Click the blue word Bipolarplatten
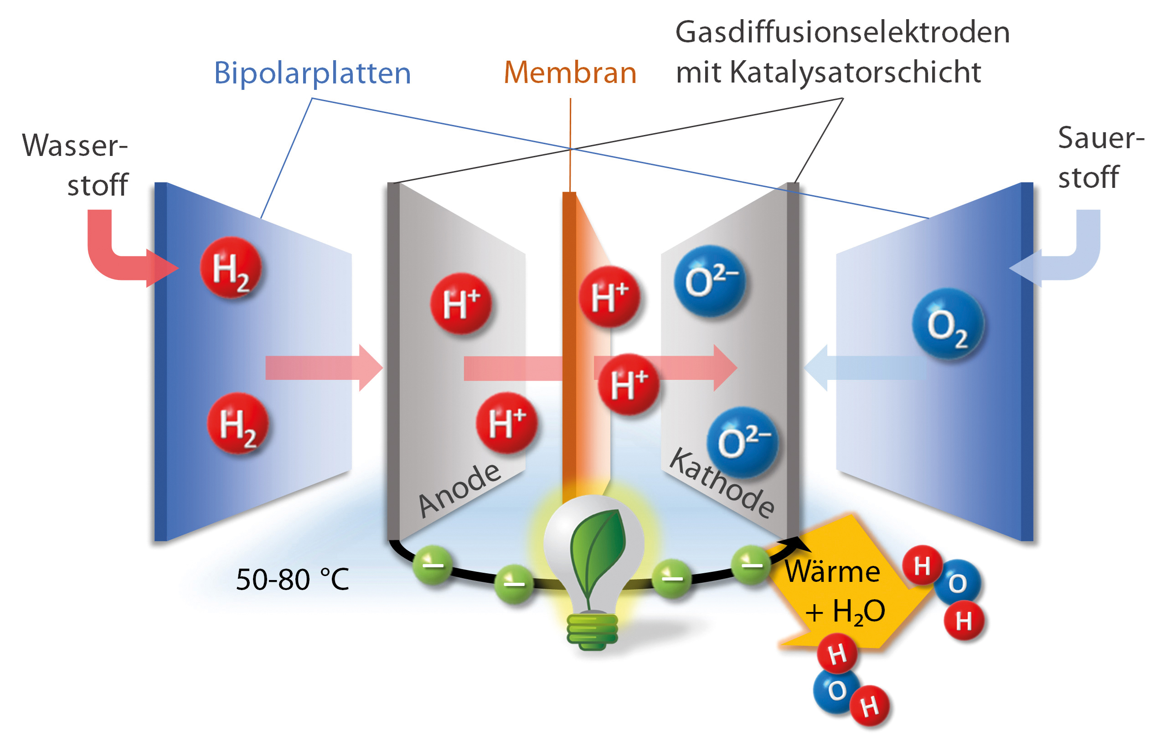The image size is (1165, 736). (312, 73)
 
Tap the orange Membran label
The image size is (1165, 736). (569, 73)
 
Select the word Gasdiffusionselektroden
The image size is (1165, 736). (842, 33)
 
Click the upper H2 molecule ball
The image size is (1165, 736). (231, 268)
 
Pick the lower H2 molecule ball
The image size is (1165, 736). (237, 424)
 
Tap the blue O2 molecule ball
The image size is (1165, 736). (947, 324)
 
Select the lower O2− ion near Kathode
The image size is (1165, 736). (742, 442)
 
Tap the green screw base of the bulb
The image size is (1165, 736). (593, 631)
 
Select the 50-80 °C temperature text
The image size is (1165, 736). (292, 579)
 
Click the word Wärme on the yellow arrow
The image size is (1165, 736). (832, 572)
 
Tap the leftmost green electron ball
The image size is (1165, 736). (433, 564)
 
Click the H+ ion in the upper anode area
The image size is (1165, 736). (461, 303)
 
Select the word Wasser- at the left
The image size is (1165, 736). (75, 145)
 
